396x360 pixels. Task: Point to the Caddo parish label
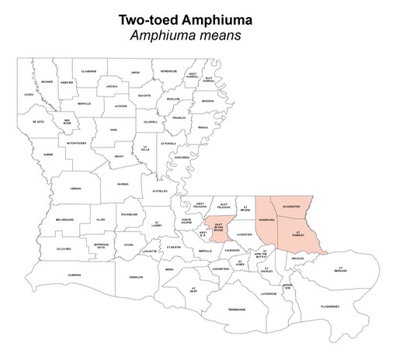29,95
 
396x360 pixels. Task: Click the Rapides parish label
123,185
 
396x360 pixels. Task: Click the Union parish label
135,72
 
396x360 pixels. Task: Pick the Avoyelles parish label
160,191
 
